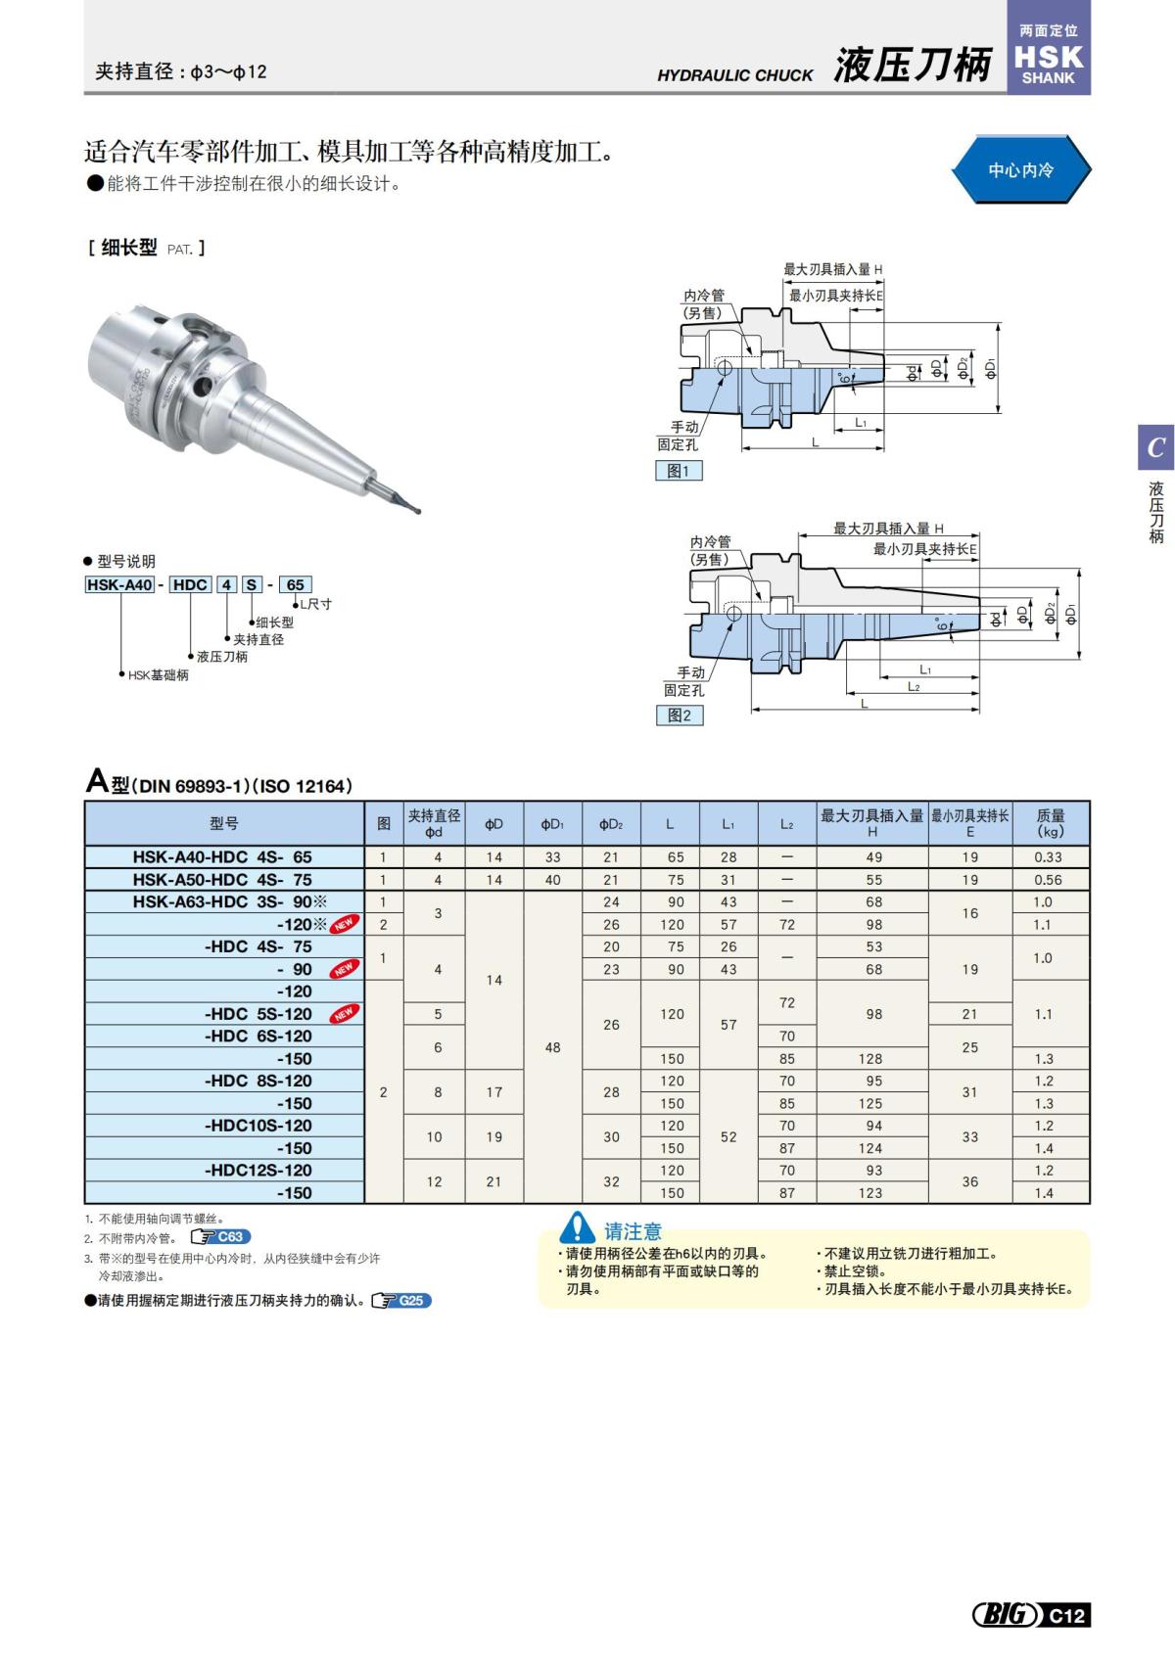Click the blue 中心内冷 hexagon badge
click(x=1020, y=170)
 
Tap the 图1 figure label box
click(x=679, y=471)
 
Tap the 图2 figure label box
click(x=680, y=715)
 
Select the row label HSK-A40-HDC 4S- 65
click(x=223, y=856)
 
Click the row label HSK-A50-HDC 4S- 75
click(x=223, y=879)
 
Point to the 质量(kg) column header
click(x=1050, y=823)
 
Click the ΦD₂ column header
click(x=611, y=824)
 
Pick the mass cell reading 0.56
click(x=1048, y=879)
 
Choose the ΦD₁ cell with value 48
click(x=552, y=1047)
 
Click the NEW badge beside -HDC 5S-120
click(x=344, y=1014)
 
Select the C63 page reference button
click(x=221, y=1237)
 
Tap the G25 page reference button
click(x=402, y=1301)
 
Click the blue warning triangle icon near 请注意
click(x=577, y=1227)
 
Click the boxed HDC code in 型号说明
click(x=189, y=584)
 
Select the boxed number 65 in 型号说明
click(x=295, y=584)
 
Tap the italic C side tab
click(x=1155, y=447)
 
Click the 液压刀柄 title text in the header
click(x=913, y=66)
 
